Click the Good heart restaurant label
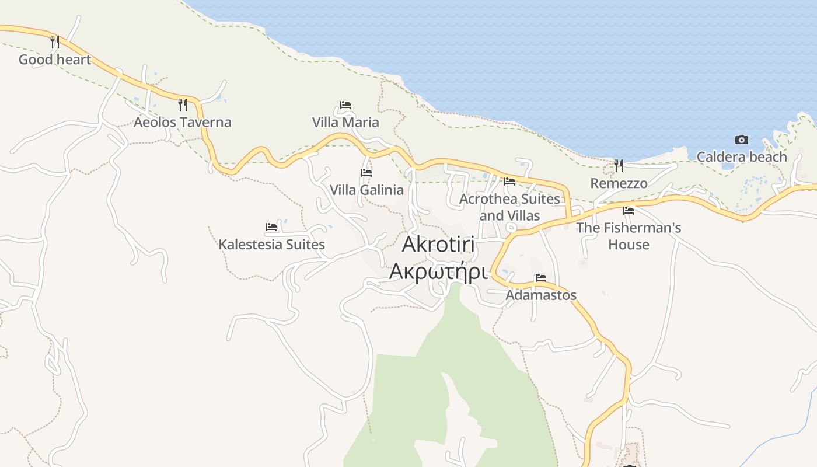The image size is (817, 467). [x=55, y=60]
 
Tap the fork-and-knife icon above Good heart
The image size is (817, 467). [x=55, y=41]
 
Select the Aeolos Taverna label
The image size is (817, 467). [x=182, y=122]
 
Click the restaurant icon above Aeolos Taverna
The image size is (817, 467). [x=183, y=104]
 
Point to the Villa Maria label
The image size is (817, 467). [x=345, y=122]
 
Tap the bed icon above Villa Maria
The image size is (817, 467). [x=345, y=105]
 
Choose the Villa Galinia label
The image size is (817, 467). [x=366, y=190]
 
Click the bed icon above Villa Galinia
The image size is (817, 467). [x=366, y=173]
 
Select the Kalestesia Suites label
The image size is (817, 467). [x=271, y=244]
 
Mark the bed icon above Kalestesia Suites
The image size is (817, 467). [x=271, y=226]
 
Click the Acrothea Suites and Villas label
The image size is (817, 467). [x=509, y=207]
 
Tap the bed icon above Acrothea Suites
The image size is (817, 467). [x=509, y=182]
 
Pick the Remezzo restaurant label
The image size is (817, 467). [x=619, y=183]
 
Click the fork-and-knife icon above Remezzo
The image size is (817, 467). [x=619, y=166]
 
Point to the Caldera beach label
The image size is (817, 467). [x=742, y=156]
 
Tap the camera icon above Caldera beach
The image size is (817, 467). [x=742, y=140]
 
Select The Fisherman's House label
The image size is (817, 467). [x=629, y=236]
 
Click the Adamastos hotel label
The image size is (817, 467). [x=541, y=295]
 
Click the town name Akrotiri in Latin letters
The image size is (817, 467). [x=438, y=245]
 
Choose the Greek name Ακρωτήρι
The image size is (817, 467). [x=438, y=271]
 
